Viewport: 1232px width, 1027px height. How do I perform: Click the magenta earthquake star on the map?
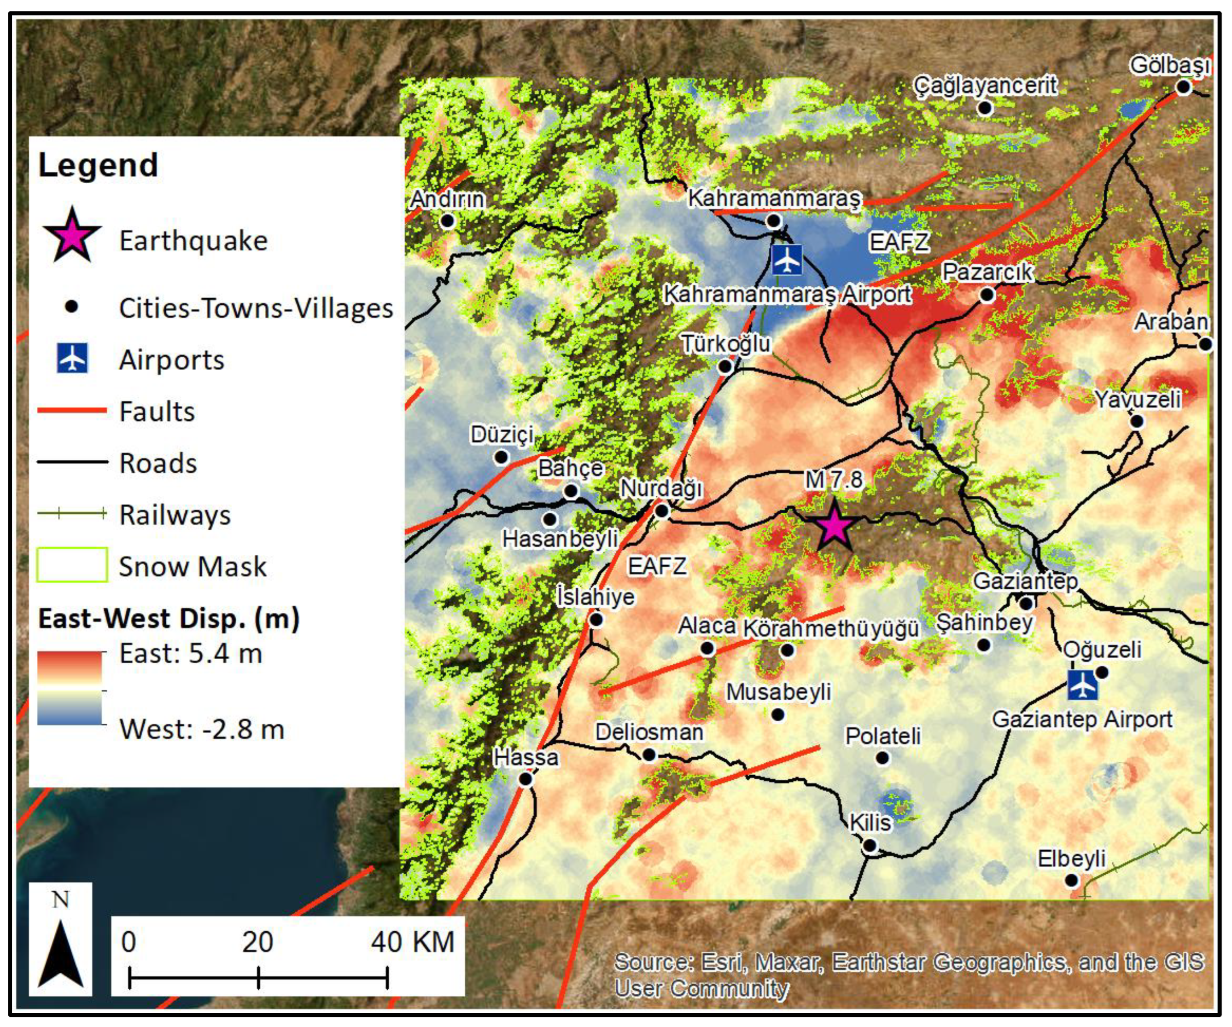pos(834,526)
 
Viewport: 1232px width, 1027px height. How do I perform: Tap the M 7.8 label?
pos(834,480)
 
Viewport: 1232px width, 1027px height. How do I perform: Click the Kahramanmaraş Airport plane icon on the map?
pos(787,259)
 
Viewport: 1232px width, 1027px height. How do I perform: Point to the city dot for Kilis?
pos(870,846)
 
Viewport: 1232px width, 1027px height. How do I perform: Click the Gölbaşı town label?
pos(1170,65)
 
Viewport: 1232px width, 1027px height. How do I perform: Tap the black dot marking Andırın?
pos(448,221)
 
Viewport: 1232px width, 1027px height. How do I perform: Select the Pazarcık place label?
pos(987,272)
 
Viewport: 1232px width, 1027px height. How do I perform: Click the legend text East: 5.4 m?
pos(191,653)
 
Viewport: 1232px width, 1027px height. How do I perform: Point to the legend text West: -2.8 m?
pos(202,730)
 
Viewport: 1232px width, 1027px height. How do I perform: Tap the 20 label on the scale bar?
pos(257,942)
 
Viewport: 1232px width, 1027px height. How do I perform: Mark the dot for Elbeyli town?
pos(1071,880)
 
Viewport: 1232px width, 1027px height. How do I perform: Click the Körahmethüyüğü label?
pos(831,628)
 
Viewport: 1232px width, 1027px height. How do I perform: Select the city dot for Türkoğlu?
pos(725,366)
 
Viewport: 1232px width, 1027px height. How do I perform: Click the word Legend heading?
pos(98,165)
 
